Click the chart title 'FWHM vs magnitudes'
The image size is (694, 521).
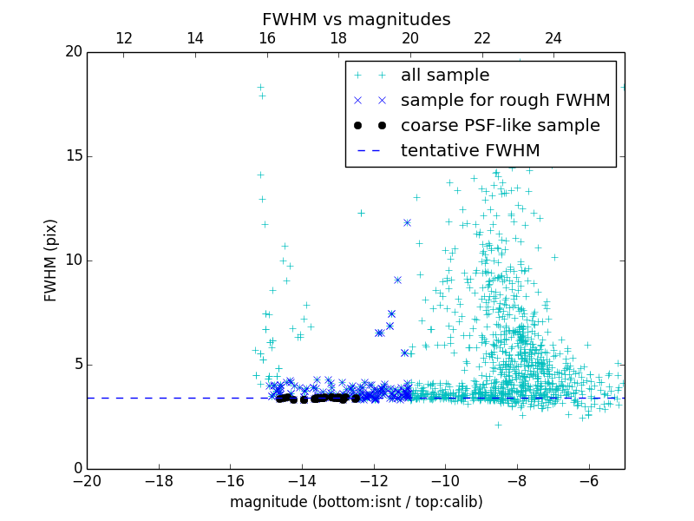pyautogui.click(x=356, y=19)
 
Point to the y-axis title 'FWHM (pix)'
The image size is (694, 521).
pyautogui.click(x=51, y=260)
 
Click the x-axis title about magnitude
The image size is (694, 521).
pyautogui.click(x=356, y=502)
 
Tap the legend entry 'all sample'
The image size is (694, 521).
pyautogui.click(x=444, y=76)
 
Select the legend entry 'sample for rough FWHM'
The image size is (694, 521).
pyautogui.click(x=505, y=101)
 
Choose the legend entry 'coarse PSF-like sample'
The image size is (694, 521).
pyautogui.click(x=500, y=126)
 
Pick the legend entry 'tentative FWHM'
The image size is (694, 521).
pyautogui.click(x=469, y=151)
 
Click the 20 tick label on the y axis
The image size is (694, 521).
pyautogui.click(x=73, y=52)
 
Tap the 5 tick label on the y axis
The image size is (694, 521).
pyautogui.click(x=77, y=365)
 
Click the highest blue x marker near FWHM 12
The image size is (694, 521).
pyautogui.click(x=407, y=223)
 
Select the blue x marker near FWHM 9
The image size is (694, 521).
pyautogui.click(x=397, y=280)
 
